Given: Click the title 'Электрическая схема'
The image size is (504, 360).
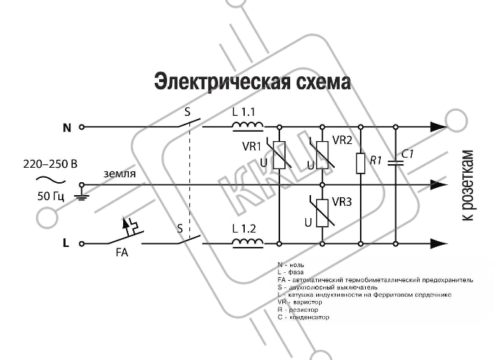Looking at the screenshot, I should (x=252, y=82).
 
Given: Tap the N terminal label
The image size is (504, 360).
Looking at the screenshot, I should (x=67, y=127).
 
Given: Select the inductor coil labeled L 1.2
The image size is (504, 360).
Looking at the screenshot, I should (x=248, y=241).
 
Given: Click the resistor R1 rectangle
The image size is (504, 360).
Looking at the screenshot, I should (x=360, y=163).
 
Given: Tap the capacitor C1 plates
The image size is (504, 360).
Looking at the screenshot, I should (x=396, y=162).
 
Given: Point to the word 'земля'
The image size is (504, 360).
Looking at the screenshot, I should (x=119, y=174).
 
